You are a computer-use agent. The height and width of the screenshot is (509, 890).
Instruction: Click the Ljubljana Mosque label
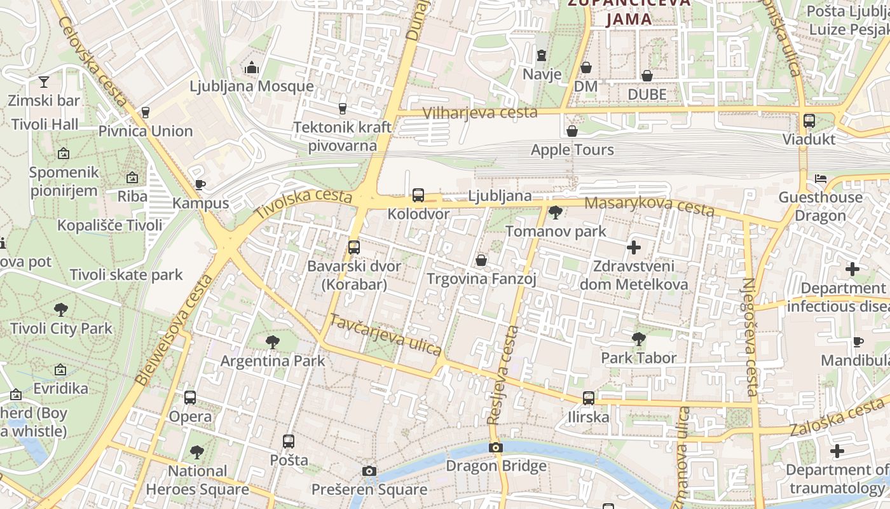coord(252,86)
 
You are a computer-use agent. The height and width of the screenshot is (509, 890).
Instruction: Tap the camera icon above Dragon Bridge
coord(496,448)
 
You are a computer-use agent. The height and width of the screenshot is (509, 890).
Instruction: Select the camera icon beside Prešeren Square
coord(369,471)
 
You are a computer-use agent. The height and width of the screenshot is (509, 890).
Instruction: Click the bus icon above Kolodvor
coord(418,195)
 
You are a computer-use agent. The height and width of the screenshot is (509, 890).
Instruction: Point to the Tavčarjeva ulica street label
coord(385,335)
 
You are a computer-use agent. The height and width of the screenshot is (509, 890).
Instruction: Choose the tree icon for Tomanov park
coord(556,213)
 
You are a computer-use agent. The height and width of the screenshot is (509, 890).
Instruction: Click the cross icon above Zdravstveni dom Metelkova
coord(634,247)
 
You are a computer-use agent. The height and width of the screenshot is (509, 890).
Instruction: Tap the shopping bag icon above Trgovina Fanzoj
coord(481,260)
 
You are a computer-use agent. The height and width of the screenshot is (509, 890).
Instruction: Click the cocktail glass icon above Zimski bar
coord(44,81)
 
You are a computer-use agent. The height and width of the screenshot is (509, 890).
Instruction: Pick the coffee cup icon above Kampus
coord(200,185)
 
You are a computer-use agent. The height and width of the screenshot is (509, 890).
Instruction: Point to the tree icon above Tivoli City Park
coord(61,310)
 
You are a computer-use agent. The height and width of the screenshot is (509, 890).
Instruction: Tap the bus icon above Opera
coord(190,398)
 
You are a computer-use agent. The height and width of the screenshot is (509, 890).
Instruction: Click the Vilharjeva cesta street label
coord(480,113)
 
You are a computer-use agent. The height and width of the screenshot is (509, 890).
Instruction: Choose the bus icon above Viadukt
coord(809,120)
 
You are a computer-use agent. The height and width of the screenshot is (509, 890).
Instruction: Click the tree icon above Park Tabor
coord(639,339)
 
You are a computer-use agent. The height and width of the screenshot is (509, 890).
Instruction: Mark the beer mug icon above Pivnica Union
coord(146,113)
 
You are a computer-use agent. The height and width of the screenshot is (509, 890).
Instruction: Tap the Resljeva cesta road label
coord(503,375)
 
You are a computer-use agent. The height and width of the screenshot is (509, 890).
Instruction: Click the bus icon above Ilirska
coord(589,398)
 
